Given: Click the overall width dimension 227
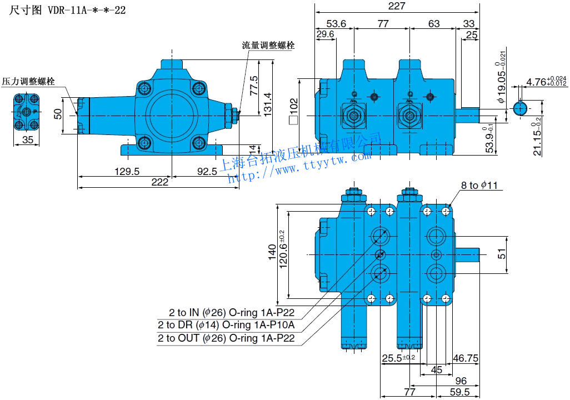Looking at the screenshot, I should point(397,6).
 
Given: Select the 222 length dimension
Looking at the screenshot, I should point(159,182).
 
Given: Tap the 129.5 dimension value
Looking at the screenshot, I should point(127,172).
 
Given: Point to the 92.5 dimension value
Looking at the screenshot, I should point(207,172).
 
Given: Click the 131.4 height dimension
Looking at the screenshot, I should point(268,102).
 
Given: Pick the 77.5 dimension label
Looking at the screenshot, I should point(254,86).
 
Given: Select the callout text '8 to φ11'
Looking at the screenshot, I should point(481,185).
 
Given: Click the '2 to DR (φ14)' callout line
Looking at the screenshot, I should point(226,325).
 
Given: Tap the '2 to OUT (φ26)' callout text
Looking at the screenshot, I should point(226,338).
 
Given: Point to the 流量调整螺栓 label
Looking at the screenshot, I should point(268,46).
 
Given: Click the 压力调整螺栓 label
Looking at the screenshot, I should point(28,82).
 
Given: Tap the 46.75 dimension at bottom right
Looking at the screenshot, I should point(466,359).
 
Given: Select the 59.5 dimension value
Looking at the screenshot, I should point(459,392).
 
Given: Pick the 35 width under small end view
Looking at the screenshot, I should point(27,140).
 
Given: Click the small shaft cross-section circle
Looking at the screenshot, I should point(519,108).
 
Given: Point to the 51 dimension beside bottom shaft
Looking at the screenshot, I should point(501,253).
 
